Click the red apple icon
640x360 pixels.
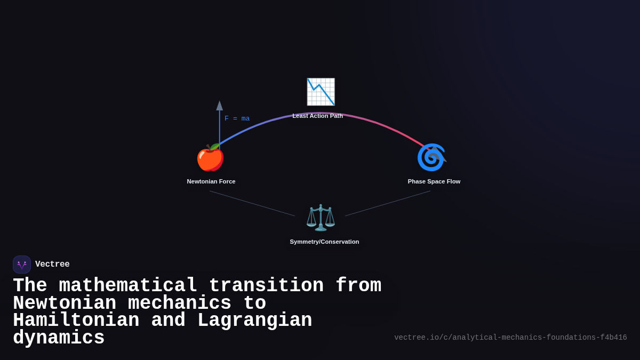tap(210, 158)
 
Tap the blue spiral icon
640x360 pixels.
tap(430, 157)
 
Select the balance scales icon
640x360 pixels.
tap(321, 218)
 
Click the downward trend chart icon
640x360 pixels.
tap(321, 92)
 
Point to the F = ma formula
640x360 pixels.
tap(237, 118)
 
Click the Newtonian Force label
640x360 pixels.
tap(211, 181)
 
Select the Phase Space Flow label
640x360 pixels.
tap(434, 181)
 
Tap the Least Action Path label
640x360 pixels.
tap(318, 116)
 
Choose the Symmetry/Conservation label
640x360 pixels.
tap(324, 242)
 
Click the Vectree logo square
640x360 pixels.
tap(22, 265)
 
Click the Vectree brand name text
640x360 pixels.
tap(52, 265)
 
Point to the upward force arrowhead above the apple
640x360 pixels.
tap(219, 105)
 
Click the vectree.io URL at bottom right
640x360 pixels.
tap(510, 338)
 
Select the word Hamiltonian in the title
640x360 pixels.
tap(76, 321)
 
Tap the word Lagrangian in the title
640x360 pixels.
tap(254, 321)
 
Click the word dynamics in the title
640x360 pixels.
tap(59, 338)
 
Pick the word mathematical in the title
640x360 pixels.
tap(127, 286)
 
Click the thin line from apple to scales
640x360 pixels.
tap(252, 203)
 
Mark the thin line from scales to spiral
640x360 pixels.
tap(388, 203)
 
